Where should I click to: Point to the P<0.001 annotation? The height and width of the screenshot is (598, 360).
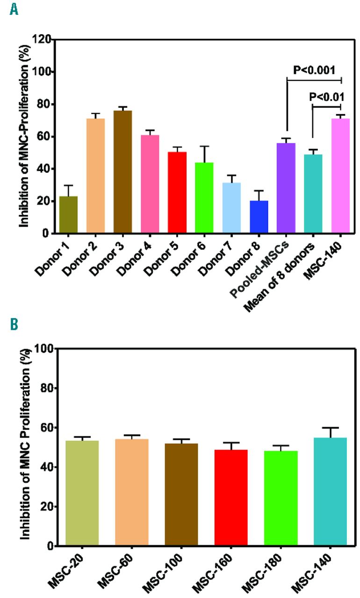tap(314, 70)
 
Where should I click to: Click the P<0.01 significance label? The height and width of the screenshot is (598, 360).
tap(327, 97)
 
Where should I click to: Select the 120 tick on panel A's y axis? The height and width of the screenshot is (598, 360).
tap(44, 39)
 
